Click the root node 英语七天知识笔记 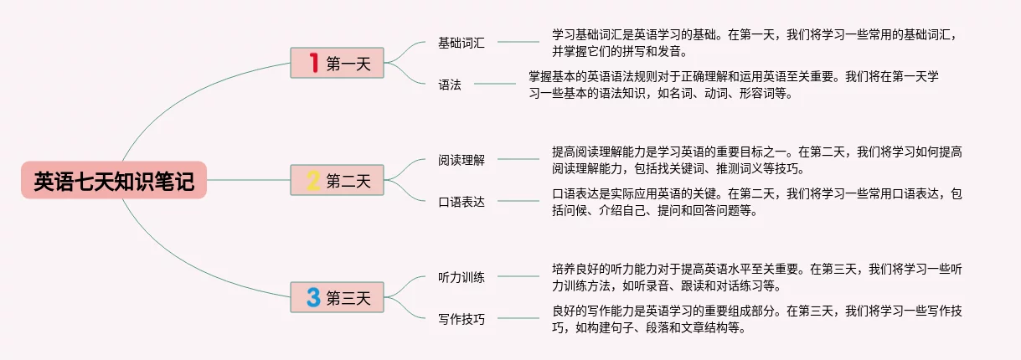tap(114, 180)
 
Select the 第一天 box tap(337, 63)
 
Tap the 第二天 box tap(337, 180)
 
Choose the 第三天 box tap(337, 297)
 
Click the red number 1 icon tap(313, 63)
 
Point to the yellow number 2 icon tap(313, 180)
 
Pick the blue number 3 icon tap(313, 297)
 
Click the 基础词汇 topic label tap(462, 43)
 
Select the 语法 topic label tap(450, 85)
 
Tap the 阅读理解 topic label tap(462, 160)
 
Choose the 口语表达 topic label tap(462, 202)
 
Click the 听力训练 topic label tap(462, 276)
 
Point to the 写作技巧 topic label tap(462, 318)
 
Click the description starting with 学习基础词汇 tap(757, 43)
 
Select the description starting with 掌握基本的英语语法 tap(734, 85)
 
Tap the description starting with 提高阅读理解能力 tap(757, 160)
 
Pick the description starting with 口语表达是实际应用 tap(757, 202)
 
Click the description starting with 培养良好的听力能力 tap(757, 276)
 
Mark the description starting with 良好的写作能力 tap(757, 318)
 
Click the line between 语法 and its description tap(494, 84)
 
